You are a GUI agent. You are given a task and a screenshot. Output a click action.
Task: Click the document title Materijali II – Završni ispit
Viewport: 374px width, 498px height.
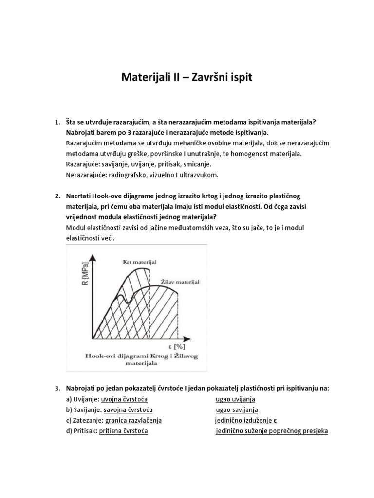pyautogui.click(x=187, y=77)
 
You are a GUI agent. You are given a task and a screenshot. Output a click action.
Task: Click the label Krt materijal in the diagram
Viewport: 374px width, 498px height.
pyautogui.click(x=139, y=262)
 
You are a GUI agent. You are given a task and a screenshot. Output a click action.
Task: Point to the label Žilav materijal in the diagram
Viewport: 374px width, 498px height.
pyautogui.click(x=180, y=281)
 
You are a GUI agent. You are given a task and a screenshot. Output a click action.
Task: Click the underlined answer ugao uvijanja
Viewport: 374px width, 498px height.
pyautogui.click(x=235, y=399)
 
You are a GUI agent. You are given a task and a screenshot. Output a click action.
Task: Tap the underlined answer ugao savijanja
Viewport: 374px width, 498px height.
pyautogui.click(x=237, y=409)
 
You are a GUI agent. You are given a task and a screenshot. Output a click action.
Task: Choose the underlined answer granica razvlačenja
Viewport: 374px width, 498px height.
pyautogui.click(x=133, y=420)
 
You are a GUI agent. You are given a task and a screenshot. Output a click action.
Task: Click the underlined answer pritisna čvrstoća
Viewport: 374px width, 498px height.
pyautogui.click(x=124, y=431)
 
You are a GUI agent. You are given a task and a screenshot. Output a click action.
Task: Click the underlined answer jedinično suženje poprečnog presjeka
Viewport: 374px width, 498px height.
pyautogui.click(x=272, y=431)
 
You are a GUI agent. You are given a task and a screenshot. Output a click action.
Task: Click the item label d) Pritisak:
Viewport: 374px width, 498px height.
pyautogui.click(x=81, y=431)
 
